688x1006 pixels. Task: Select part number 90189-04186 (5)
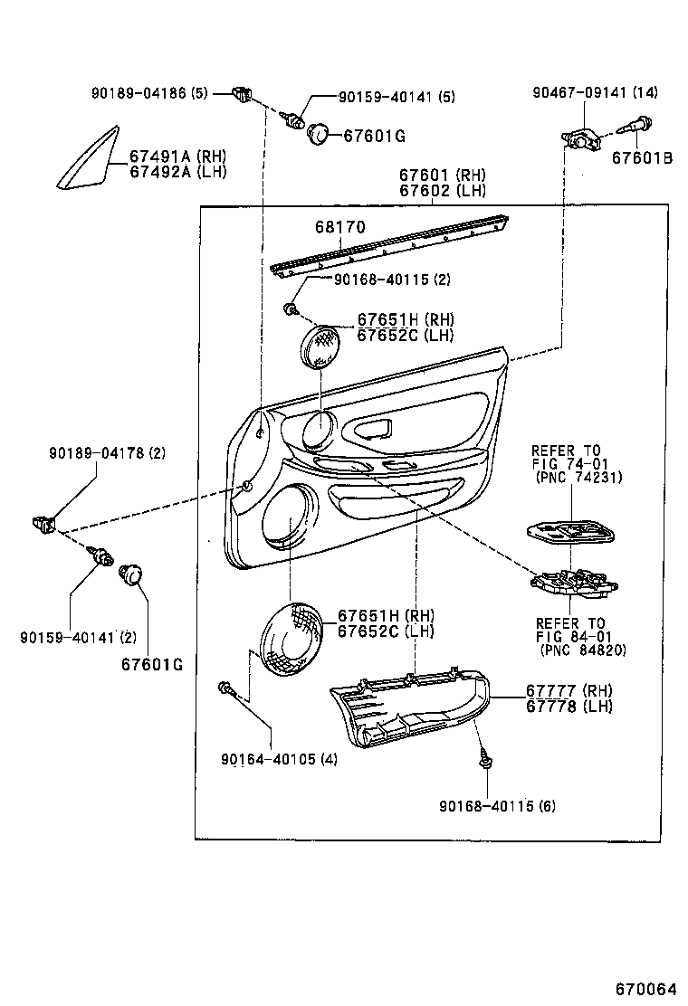point(149,93)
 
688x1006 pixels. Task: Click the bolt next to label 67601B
point(637,127)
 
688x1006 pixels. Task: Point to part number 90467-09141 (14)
point(607,92)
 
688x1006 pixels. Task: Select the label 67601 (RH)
point(443,176)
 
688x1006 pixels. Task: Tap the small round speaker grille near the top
point(321,347)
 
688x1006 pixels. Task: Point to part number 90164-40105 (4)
point(279,759)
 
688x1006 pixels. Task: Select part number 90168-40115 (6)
point(498,805)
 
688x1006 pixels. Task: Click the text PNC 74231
point(579,477)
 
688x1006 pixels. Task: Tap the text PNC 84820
point(583,650)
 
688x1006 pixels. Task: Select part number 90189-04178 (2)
point(107,452)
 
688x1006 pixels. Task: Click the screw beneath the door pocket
point(486,758)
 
